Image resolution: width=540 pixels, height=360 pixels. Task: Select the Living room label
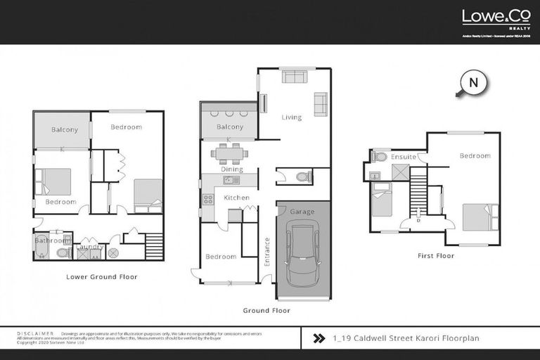click(x=292, y=117)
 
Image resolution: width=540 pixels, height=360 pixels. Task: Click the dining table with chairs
click(x=230, y=153)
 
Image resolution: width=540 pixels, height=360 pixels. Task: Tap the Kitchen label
click(x=237, y=198)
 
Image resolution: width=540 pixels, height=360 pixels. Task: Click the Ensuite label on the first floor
click(x=404, y=156)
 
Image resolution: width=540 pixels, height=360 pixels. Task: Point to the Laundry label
click(x=91, y=247)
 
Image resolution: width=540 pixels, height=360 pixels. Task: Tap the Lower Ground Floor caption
click(x=101, y=277)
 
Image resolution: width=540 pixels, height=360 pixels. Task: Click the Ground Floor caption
click(x=266, y=310)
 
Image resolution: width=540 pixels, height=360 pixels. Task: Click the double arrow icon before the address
click(x=319, y=338)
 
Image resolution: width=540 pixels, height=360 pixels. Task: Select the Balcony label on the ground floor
click(x=230, y=127)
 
